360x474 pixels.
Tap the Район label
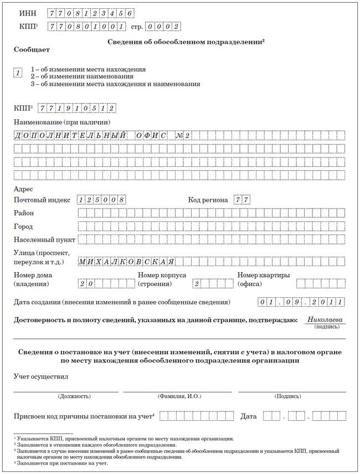tap(23, 213)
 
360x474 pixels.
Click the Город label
tap(23, 227)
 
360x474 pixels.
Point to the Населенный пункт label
tap(44, 240)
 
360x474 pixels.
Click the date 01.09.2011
tap(301, 302)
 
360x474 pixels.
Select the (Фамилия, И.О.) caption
tap(178, 396)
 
